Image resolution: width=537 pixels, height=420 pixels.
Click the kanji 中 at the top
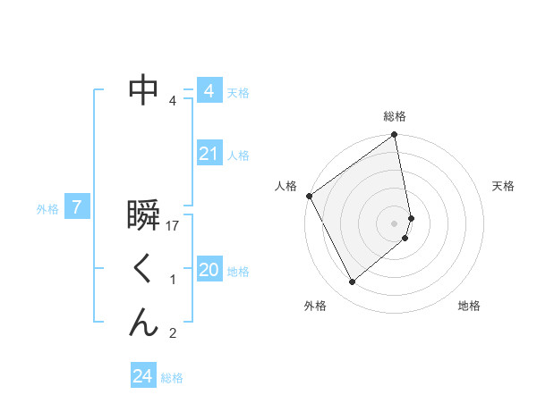[x=144, y=90]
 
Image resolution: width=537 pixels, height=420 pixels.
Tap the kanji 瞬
[x=144, y=217]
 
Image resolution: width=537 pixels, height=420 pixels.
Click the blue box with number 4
[x=209, y=91]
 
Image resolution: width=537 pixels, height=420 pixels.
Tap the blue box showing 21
[x=209, y=154]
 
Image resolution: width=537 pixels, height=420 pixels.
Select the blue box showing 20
[x=209, y=270]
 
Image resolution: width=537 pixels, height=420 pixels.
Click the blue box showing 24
[x=142, y=376]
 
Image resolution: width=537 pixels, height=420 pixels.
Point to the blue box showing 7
[x=77, y=208]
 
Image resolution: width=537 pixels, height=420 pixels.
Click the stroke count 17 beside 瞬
[x=174, y=227]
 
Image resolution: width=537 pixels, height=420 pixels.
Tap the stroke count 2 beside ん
[x=173, y=334]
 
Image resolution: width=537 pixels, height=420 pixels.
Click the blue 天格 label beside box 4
[x=238, y=93]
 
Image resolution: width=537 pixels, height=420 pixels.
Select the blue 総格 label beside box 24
[x=172, y=378]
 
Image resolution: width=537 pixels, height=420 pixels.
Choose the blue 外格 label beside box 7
[x=47, y=209]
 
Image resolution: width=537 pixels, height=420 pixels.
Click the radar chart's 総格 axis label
[x=395, y=116]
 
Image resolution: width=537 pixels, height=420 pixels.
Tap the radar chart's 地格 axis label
[x=469, y=306]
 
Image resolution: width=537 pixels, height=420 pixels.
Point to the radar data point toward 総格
[x=395, y=137]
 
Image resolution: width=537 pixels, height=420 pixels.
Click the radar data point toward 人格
[x=309, y=196]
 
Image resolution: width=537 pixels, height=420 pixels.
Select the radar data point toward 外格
[x=352, y=281]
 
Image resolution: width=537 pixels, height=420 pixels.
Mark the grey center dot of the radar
[x=395, y=223]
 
